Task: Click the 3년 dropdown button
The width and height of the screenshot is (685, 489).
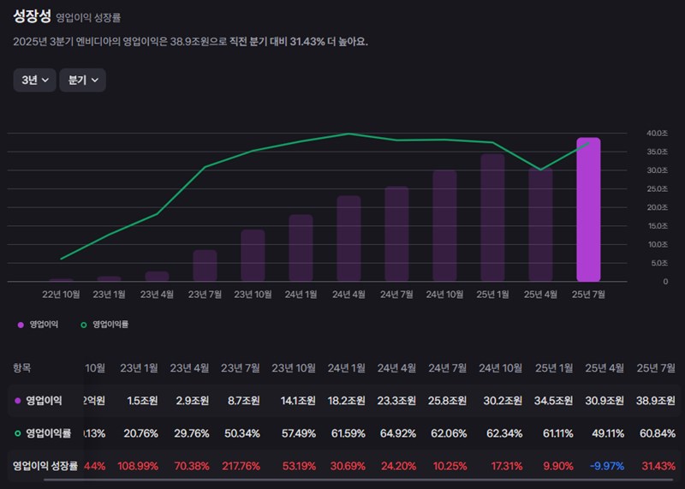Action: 34,80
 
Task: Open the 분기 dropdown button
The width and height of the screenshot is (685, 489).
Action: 82,80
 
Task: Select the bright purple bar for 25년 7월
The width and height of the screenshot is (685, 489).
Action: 588,210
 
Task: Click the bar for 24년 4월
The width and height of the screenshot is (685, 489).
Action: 348,238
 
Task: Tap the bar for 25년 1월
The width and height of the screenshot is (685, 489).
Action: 492,218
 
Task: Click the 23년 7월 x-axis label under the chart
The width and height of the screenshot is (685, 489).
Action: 205,295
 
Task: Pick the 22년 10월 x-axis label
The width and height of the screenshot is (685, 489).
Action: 61,295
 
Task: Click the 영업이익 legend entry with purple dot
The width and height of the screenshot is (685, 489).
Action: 41,325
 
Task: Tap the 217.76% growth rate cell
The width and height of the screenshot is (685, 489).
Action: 241,466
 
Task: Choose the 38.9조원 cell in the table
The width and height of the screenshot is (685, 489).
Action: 656,401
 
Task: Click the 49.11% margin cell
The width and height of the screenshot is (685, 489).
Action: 605,433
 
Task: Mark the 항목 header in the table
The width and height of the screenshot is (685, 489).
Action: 22,368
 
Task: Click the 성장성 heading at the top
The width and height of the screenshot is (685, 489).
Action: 32,16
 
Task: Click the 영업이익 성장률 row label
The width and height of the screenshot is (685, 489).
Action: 45,466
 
